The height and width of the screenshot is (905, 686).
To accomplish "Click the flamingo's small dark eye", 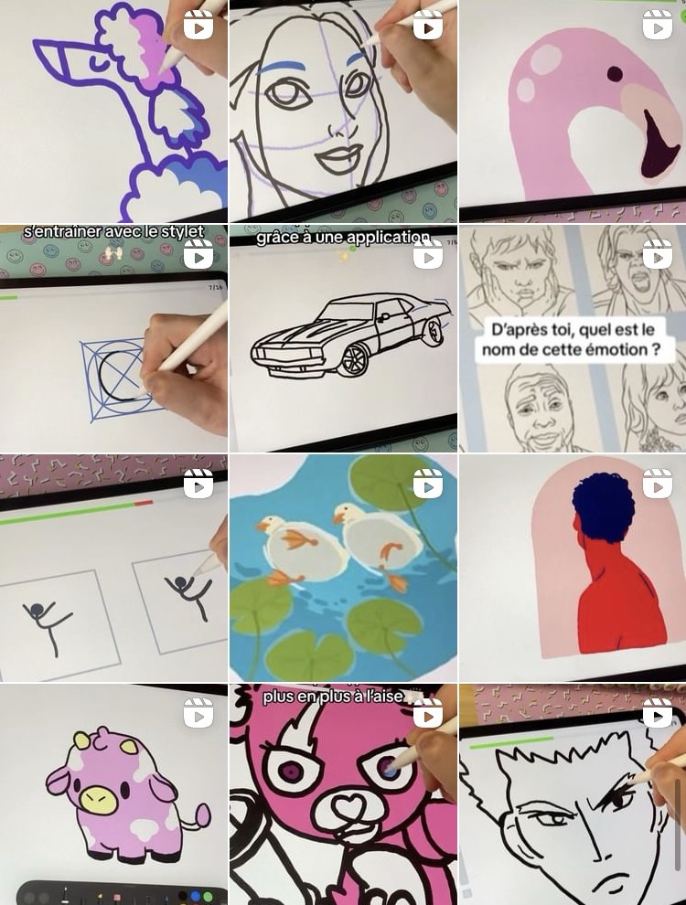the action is (615, 74).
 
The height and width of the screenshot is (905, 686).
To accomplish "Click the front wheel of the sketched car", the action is (353, 360).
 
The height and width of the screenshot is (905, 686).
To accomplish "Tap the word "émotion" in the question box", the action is (606, 350).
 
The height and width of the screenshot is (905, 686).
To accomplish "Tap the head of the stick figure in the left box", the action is (38, 610).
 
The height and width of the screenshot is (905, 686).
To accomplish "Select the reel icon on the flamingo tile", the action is (657, 26).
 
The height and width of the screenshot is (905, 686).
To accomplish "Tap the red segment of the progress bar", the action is (144, 504).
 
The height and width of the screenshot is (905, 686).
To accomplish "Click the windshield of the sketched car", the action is (346, 313).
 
